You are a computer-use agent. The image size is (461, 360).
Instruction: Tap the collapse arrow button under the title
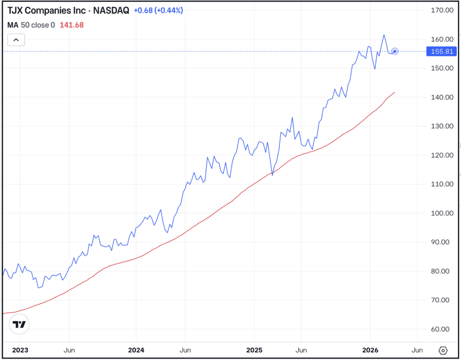pos(16,40)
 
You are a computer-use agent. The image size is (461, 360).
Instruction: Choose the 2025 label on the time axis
pos(254,350)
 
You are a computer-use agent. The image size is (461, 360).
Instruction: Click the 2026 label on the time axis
pos(370,350)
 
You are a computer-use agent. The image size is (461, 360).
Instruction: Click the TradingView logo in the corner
pos(19,324)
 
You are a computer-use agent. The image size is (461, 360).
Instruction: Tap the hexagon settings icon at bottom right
pos(443,350)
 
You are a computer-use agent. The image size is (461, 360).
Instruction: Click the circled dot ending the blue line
pos(395,51)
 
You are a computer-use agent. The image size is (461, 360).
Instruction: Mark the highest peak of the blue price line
pos(384,35)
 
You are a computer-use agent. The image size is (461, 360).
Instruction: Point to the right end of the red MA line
pos(395,92)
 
